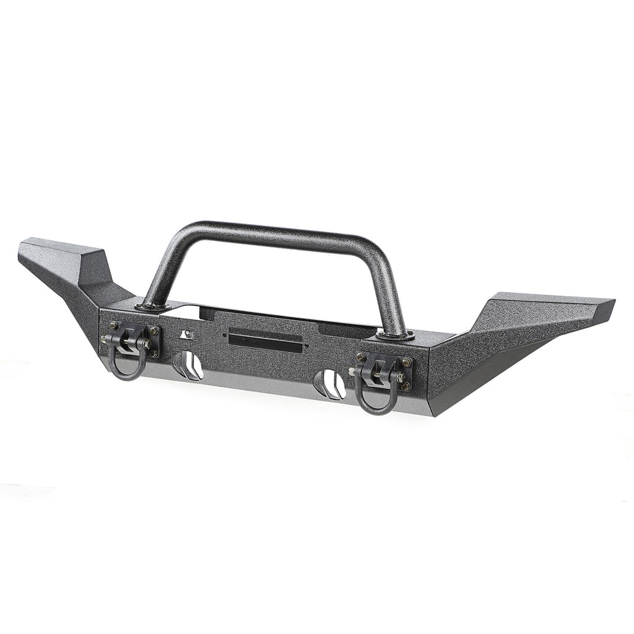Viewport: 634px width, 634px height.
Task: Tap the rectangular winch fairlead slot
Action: (x=265, y=339)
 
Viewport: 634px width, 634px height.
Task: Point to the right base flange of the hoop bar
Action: (x=395, y=335)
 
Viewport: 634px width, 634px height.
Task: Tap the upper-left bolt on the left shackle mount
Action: (x=113, y=324)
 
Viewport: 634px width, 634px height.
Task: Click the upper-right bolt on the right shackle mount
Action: (x=406, y=362)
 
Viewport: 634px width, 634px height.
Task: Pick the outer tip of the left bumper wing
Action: (x=25, y=251)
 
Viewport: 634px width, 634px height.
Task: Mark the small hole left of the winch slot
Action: (x=224, y=334)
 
